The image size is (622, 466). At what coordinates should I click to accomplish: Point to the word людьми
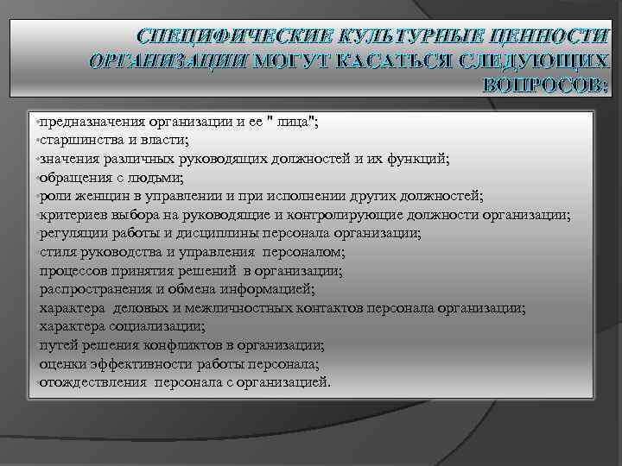click(158, 177)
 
